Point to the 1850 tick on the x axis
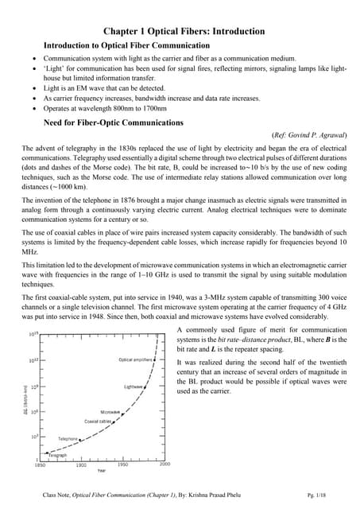[40, 464]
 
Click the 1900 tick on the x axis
[81, 464]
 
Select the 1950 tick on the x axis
[122, 464]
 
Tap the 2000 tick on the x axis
[165, 464]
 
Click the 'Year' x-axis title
[102, 471]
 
